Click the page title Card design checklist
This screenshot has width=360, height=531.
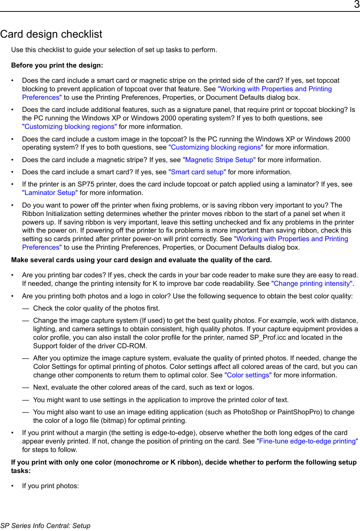point(51,34)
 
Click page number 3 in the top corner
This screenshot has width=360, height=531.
point(356,5)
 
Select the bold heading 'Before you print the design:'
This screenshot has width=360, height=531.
point(57,65)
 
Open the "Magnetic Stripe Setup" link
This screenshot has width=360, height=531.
point(219,160)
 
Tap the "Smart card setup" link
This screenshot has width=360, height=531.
point(197,172)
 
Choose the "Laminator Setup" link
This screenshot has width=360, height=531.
point(50,193)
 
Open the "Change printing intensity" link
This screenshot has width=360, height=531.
point(312,284)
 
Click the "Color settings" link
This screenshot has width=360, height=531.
point(248,375)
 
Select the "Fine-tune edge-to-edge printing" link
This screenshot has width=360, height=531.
point(307,441)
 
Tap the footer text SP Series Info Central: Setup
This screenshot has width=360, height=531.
point(45,526)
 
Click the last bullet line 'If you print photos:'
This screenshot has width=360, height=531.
point(50,486)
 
